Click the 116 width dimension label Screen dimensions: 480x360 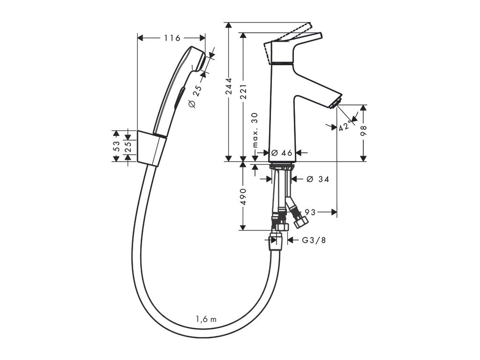tap(172, 38)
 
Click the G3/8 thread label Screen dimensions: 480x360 tap(313, 240)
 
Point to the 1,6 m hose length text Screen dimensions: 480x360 tap(206, 319)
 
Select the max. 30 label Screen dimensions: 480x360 tap(255, 130)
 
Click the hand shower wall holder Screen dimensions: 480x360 tap(151, 148)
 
